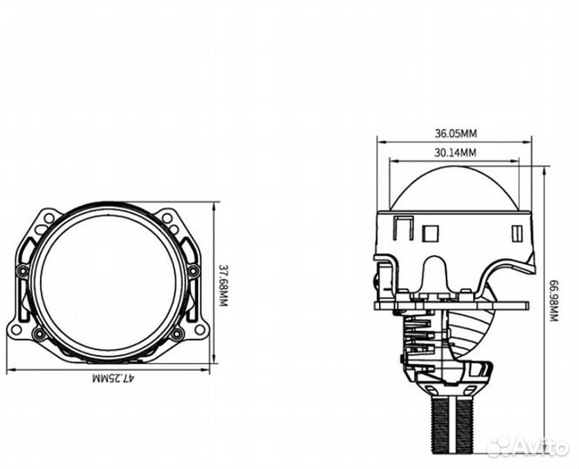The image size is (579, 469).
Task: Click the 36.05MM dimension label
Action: tap(456, 134)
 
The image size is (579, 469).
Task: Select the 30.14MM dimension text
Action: tap(456, 153)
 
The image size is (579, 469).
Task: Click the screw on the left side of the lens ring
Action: tap(23, 270)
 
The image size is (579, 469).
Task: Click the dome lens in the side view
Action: tap(456, 191)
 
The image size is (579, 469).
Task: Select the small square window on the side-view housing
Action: tap(428, 234)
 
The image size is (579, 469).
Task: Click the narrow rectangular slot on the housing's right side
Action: tap(518, 234)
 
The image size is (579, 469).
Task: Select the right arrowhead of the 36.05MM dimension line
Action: tap(530, 141)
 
